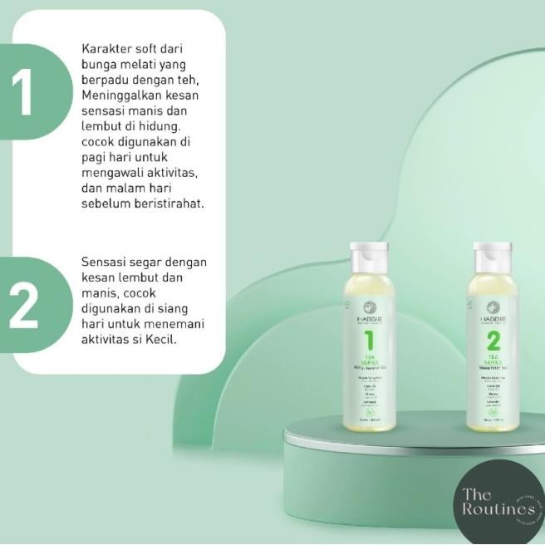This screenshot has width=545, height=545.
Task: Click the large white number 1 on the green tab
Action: pos(22,93)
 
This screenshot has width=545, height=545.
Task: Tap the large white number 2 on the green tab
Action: pos(22,306)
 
